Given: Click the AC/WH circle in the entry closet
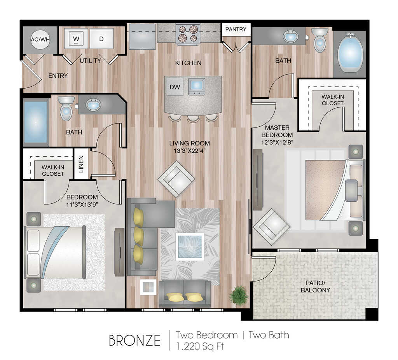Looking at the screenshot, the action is click(40, 39).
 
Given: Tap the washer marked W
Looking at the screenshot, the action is click(76, 38).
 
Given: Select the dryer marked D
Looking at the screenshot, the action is click(101, 38).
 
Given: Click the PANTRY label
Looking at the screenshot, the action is click(236, 30).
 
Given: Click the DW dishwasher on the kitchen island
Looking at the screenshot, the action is click(175, 87).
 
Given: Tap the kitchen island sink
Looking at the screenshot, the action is click(196, 86).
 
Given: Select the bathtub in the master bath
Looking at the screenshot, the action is click(350, 52).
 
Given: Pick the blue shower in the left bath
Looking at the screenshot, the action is click(35, 122).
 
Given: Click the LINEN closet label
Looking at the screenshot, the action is click(81, 164).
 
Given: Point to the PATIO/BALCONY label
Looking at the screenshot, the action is click(315, 287).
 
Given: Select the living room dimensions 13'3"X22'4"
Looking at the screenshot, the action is click(190, 151).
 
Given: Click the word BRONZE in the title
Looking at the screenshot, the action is click(134, 341).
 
